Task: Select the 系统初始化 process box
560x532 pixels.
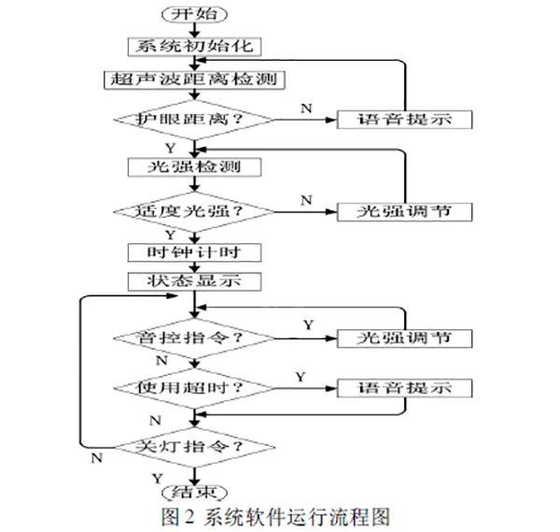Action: click(x=193, y=45)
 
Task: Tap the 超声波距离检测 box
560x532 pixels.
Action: click(x=194, y=79)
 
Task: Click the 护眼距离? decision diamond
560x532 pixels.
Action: click(x=193, y=119)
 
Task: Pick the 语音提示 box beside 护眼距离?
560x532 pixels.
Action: click(x=403, y=119)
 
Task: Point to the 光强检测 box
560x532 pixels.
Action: click(x=193, y=167)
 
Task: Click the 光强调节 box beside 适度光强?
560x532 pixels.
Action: click(x=403, y=211)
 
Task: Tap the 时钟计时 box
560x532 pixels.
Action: click(x=193, y=252)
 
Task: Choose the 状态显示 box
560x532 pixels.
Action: click(x=193, y=280)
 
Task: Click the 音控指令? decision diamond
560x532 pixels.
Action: click(x=193, y=337)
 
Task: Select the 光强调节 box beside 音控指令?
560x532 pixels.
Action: click(x=403, y=337)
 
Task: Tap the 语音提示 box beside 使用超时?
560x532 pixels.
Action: click(x=403, y=387)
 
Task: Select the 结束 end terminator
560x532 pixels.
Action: click(x=193, y=493)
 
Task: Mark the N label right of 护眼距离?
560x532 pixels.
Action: click(x=306, y=108)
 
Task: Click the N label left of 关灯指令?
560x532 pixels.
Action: click(x=95, y=457)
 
